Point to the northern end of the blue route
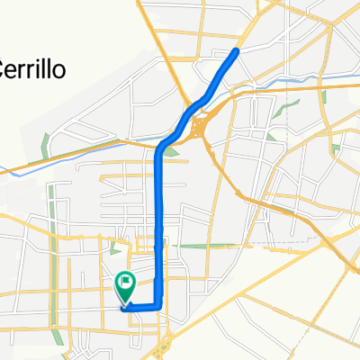(x=238, y=51)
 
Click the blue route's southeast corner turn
(x=161, y=307)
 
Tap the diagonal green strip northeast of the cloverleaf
(x=290, y=111)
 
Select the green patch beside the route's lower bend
(x=171, y=150)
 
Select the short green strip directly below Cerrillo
(x=45, y=143)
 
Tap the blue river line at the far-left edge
(x=7, y=166)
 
